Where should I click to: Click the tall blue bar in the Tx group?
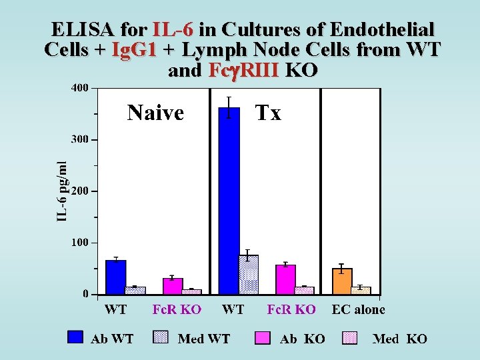229,200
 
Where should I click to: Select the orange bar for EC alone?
342,281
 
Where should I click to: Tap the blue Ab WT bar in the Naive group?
115,277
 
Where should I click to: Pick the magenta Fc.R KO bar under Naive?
173,286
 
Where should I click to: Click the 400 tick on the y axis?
79,89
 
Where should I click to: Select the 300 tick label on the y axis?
79,140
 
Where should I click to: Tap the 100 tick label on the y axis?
79,243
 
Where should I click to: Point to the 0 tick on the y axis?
85,294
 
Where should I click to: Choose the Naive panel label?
155,113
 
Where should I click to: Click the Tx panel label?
269,113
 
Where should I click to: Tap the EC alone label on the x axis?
358,310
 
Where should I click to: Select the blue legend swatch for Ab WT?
75,337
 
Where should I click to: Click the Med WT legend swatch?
161,337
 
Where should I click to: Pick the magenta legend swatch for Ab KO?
263,338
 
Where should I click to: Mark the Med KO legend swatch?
350,338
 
